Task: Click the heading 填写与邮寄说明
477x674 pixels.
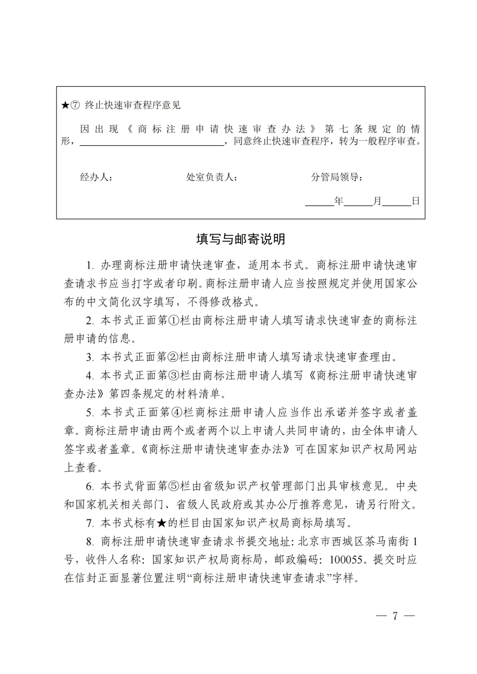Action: click(x=241, y=239)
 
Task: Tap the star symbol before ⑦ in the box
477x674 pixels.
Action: click(x=65, y=105)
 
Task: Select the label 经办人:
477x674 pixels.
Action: click(x=96, y=177)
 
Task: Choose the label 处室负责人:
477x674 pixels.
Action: click(x=212, y=177)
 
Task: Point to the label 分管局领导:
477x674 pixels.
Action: click(x=337, y=177)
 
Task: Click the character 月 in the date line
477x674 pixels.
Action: click(x=377, y=201)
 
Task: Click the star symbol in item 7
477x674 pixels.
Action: click(x=162, y=523)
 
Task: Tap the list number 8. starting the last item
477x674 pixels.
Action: click(x=91, y=542)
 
